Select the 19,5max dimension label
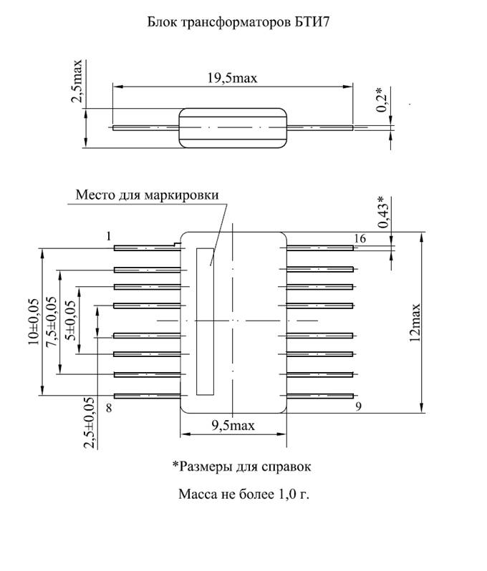click(x=232, y=78)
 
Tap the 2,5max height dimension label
click(x=77, y=81)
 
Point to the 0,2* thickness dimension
click(x=381, y=99)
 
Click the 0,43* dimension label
click(x=382, y=212)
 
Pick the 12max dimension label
click(x=415, y=322)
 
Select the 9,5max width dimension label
click(x=233, y=425)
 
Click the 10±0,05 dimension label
click(x=33, y=322)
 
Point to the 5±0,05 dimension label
click(x=70, y=321)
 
